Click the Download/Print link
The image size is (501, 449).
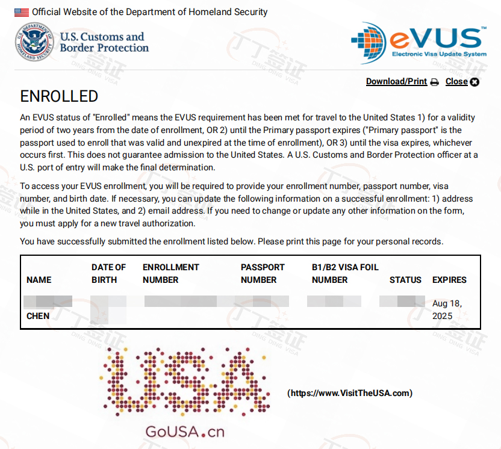click(396, 82)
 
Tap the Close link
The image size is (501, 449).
click(456, 82)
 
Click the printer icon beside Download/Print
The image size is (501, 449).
click(435, 82)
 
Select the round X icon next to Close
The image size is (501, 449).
click(475, 82)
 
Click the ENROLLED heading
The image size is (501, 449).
click(59, 96)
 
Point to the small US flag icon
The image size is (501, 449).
click(22, 12)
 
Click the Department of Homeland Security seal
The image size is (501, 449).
click(34, 42)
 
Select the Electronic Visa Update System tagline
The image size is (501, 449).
click(439, 54)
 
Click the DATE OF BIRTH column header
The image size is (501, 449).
click(109, 273)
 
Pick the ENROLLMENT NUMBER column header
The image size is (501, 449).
click(170, 273)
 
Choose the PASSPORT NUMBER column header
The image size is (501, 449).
click(263, 273)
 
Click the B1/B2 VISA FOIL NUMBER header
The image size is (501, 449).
click(345, 273)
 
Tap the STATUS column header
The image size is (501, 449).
click(405, 280)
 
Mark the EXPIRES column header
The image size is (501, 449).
click(449, 280)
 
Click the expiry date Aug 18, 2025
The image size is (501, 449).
click(447, 309)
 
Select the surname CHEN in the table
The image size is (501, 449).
click(38, 316)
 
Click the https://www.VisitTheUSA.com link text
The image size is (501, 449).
click(350, 393)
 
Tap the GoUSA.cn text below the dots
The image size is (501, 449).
click(184, 432)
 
